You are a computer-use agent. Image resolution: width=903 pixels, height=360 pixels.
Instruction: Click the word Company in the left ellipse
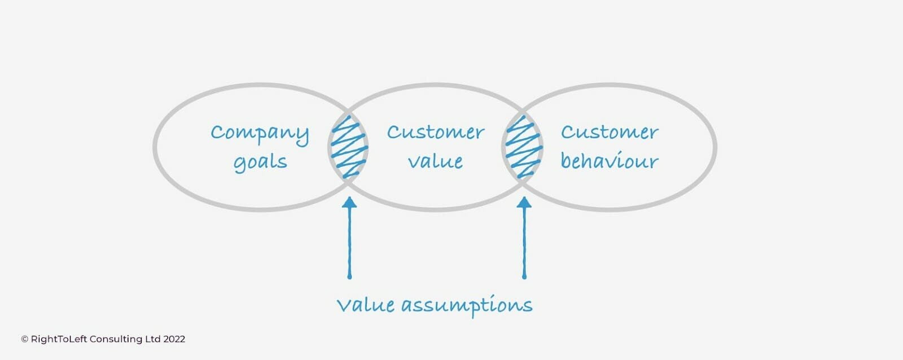[x=260, y=134]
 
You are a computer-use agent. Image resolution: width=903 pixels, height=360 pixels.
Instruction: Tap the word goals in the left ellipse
[x=260, y=163]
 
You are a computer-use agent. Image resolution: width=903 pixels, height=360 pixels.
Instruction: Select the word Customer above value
[x=435, y=133]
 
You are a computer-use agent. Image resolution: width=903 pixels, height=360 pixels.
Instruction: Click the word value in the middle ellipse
[x=435, y=161]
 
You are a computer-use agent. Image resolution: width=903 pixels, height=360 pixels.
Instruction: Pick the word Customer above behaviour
[x=609, y=133]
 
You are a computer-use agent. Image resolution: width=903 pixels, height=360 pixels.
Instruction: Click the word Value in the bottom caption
[x=365, y=305]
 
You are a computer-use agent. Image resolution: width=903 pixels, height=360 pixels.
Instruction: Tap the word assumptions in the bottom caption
[x=467, y=306]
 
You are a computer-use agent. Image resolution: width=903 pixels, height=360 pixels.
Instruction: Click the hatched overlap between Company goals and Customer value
[x=349, y=147]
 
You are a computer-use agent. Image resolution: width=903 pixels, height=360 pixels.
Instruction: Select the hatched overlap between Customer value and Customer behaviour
[x=523, y=147]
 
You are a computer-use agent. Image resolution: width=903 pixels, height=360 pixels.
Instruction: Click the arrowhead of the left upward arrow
[x=349, y=202]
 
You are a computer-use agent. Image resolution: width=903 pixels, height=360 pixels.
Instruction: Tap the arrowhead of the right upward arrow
[x=524, y=202]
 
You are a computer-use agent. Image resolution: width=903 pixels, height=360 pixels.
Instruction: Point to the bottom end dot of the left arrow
[x=349, y=276]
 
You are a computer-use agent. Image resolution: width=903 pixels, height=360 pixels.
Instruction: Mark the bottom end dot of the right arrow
[x=524, y=276]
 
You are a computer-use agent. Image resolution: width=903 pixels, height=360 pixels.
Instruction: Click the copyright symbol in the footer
[x=24, y=339]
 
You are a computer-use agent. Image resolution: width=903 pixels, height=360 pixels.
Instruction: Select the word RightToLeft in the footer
[x=59, y=339]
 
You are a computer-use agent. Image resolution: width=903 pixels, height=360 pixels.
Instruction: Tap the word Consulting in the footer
[x=116, y=339]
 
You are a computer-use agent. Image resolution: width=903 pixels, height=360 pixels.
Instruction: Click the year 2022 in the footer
[x=174, y=339]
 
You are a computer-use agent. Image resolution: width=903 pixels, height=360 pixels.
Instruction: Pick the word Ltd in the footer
[x=153, y=339]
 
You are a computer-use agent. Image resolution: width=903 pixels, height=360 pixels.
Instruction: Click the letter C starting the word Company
[x=217, y=133]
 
